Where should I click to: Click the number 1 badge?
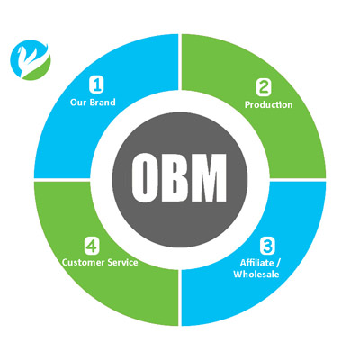[x=96, y=85]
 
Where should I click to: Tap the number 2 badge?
[x=264, y=87]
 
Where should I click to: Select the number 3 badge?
[x=267, y=246]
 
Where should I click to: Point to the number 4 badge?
[x=91, y=245]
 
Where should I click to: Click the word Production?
[x=268, y=104]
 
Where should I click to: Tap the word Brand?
[x=103, y=103]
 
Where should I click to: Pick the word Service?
[x=123, y=263]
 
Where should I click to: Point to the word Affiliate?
[x=256, y=263]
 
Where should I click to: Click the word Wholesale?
[x=256, y=274]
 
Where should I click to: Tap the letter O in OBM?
[x=144, y=177]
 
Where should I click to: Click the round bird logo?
[x=31, y=60]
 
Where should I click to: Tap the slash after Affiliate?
[x=278, y=263]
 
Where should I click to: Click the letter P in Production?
[x=247, y=104]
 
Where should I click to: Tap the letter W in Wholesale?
[x=238, y=274]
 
